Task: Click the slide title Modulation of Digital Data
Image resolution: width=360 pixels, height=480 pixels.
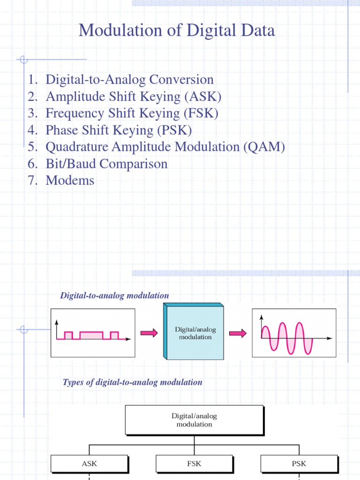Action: [x=177, y=31]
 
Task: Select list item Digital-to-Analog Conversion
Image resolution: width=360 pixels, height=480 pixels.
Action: [x=129, y=80]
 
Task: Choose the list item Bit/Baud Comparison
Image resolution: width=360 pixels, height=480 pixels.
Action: [x=106, y=164]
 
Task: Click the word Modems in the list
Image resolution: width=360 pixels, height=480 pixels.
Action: [x=70, y=180]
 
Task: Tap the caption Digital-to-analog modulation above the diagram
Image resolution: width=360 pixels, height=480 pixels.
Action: [x=114, y=295]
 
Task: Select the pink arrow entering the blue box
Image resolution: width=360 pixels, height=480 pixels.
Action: [x=149, y=333]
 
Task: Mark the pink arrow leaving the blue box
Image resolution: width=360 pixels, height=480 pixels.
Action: [x=238, y=333]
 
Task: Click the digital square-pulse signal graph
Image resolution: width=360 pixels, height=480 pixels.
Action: [x=92, y=333]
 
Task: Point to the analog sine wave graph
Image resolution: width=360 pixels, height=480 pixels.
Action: [x=294, y=333]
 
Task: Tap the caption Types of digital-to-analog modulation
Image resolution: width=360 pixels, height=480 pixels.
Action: [x=133, y=382]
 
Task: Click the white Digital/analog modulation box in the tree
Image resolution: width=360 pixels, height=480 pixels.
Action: [x=194, y=420]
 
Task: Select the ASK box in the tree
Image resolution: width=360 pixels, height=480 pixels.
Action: [x=89, y=464]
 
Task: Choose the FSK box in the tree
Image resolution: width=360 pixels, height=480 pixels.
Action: [x=194, y=464]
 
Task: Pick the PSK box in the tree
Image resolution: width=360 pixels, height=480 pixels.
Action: [x=299, y=464]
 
